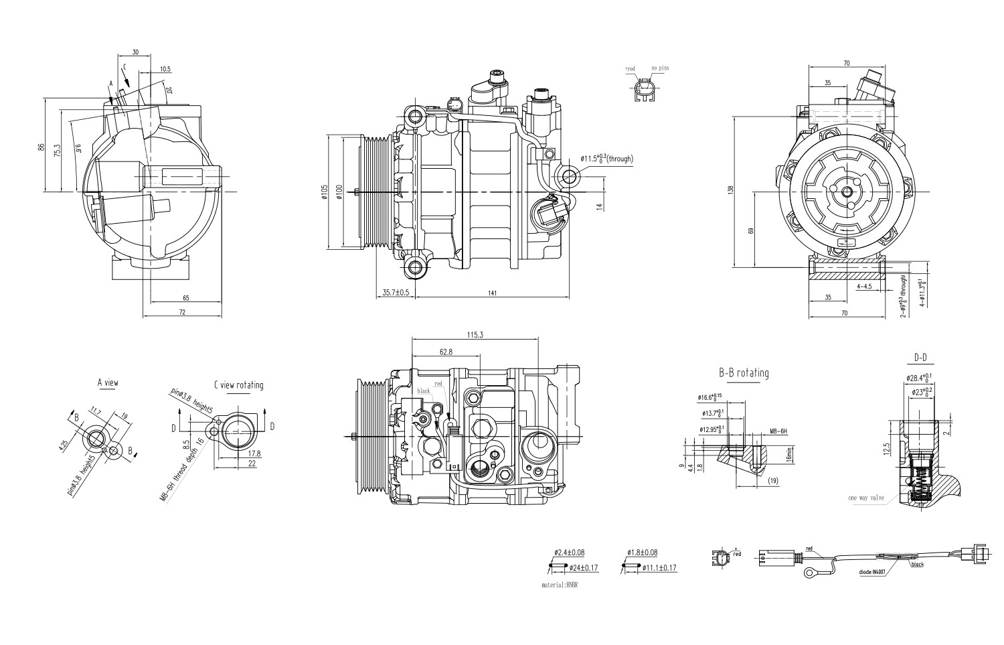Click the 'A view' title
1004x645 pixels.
point(108,383)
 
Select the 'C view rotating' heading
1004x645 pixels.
point(238,385)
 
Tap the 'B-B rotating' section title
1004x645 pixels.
point(744,373)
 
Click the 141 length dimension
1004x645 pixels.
point(492,292)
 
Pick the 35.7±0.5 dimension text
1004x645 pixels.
point(395,292)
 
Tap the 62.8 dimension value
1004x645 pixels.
point(446,351)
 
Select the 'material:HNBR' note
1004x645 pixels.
point(559,585)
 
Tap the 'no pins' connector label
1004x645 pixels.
point(659,68)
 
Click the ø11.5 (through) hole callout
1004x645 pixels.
point(606,159)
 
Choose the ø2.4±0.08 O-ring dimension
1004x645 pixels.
point(569,553)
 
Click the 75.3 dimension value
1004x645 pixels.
point(58,151)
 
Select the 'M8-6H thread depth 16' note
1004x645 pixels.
point(181,470)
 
